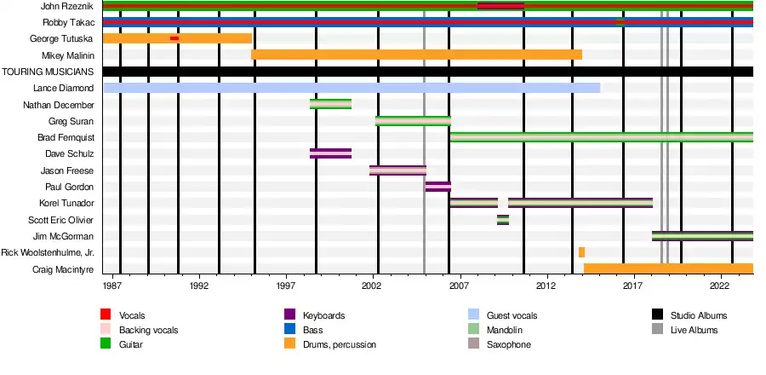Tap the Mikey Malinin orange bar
click(416, 55)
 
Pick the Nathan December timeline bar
click(330, 104)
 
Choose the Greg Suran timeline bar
click(413, 121)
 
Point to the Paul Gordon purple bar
click(437, 187)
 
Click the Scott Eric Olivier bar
click(503, 220)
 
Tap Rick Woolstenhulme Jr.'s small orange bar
click(581, 252)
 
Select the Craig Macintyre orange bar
click(668, 268)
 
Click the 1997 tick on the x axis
click(286, 287)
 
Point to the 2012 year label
click(546, 287)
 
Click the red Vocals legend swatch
click(106, 316)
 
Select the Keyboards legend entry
click(323, 316)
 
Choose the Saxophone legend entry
click(508, 345)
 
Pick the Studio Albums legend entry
click(698, 316)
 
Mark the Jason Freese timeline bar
click(397, 170)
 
